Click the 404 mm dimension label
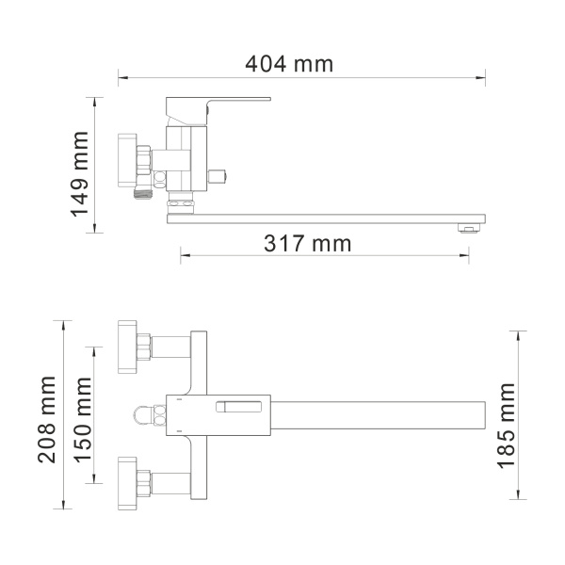[x=289, y=64]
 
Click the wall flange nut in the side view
[x=126, y=163]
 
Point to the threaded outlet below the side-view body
[x=181, y=201]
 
